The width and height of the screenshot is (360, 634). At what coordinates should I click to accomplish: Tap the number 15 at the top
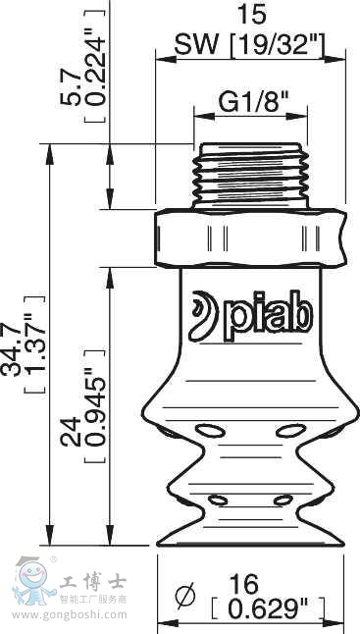click(251, 16)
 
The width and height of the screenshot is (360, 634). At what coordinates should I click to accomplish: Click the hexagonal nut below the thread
click(252, 238)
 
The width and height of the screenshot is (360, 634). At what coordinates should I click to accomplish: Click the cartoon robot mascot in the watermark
click(29, 579)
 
